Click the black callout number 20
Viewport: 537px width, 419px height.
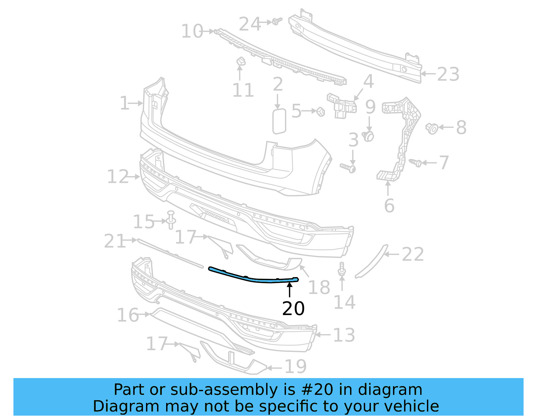pos(293,308)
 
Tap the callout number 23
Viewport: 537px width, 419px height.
pos(448,74)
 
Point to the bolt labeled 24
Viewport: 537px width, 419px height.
pos(277,21)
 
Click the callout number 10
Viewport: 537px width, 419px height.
pos(192,31)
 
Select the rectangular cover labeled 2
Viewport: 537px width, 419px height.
pos(279,121)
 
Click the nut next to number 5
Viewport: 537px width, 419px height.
pos(321,111)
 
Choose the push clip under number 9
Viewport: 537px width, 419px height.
pos(369,136)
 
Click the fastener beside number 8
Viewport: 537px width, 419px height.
pos(432,128)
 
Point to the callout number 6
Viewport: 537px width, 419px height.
pos(389,205)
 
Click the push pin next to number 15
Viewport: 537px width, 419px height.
pos(171,220)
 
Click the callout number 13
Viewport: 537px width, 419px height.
pos(344,335)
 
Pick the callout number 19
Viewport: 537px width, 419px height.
pos(295,366)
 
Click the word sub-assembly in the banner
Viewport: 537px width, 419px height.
pos(224,390)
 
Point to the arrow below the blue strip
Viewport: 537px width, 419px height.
pos(289,290)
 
